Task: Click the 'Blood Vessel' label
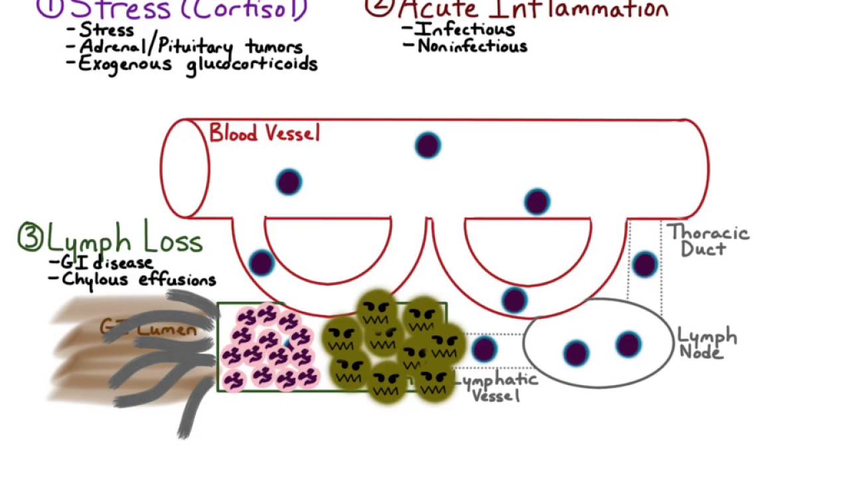pyautogui.click(x=264, y=133)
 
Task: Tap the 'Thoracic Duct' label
pyautogui.click(x=708, y=240)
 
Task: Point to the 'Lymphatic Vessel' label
pyautogui.click(x=497, y=387)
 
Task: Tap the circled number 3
pyautogui.click(x=30, y=238)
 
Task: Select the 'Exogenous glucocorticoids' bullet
pyautogui.click(x=198, y=64)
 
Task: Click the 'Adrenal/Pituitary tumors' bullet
pyautogui.click(x=191, y=47)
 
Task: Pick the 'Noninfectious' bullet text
pyautogui.click(x=472, y=46)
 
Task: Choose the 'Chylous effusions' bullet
pyautogui.click(x=139, y=279)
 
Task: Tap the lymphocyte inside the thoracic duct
pyautogui.click(x=644, y=264)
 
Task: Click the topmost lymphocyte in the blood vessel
pyautogui.click(x=428, y=145)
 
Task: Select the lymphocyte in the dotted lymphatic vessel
pyautogui.click(x=484, y=349)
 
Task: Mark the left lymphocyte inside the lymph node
pyautogui.click(x=576, y=353)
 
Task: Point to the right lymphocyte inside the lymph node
pyautogui.click(x=628, y=345)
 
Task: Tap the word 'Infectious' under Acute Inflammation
pyautogui.click(x=465, y=29)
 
